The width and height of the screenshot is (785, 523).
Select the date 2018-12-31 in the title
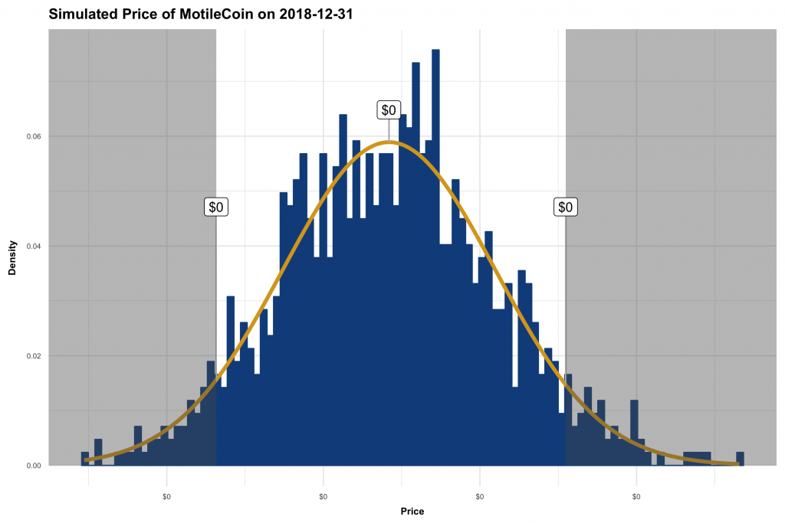[315, 15]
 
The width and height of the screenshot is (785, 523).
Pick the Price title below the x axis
[412, 512]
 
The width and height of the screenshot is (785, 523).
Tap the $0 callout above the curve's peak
[389, 110]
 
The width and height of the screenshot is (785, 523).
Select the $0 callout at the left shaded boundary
[216, 207]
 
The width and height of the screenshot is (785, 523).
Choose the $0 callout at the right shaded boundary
[566, 207]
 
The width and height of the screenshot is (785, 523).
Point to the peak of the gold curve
[389, 142]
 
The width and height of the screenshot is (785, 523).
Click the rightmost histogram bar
[740, 459]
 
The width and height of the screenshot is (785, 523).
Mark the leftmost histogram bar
[84, 459]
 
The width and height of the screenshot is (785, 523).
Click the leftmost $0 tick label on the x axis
[166, 496]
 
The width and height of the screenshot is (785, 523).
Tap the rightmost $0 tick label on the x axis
[636, 496]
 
